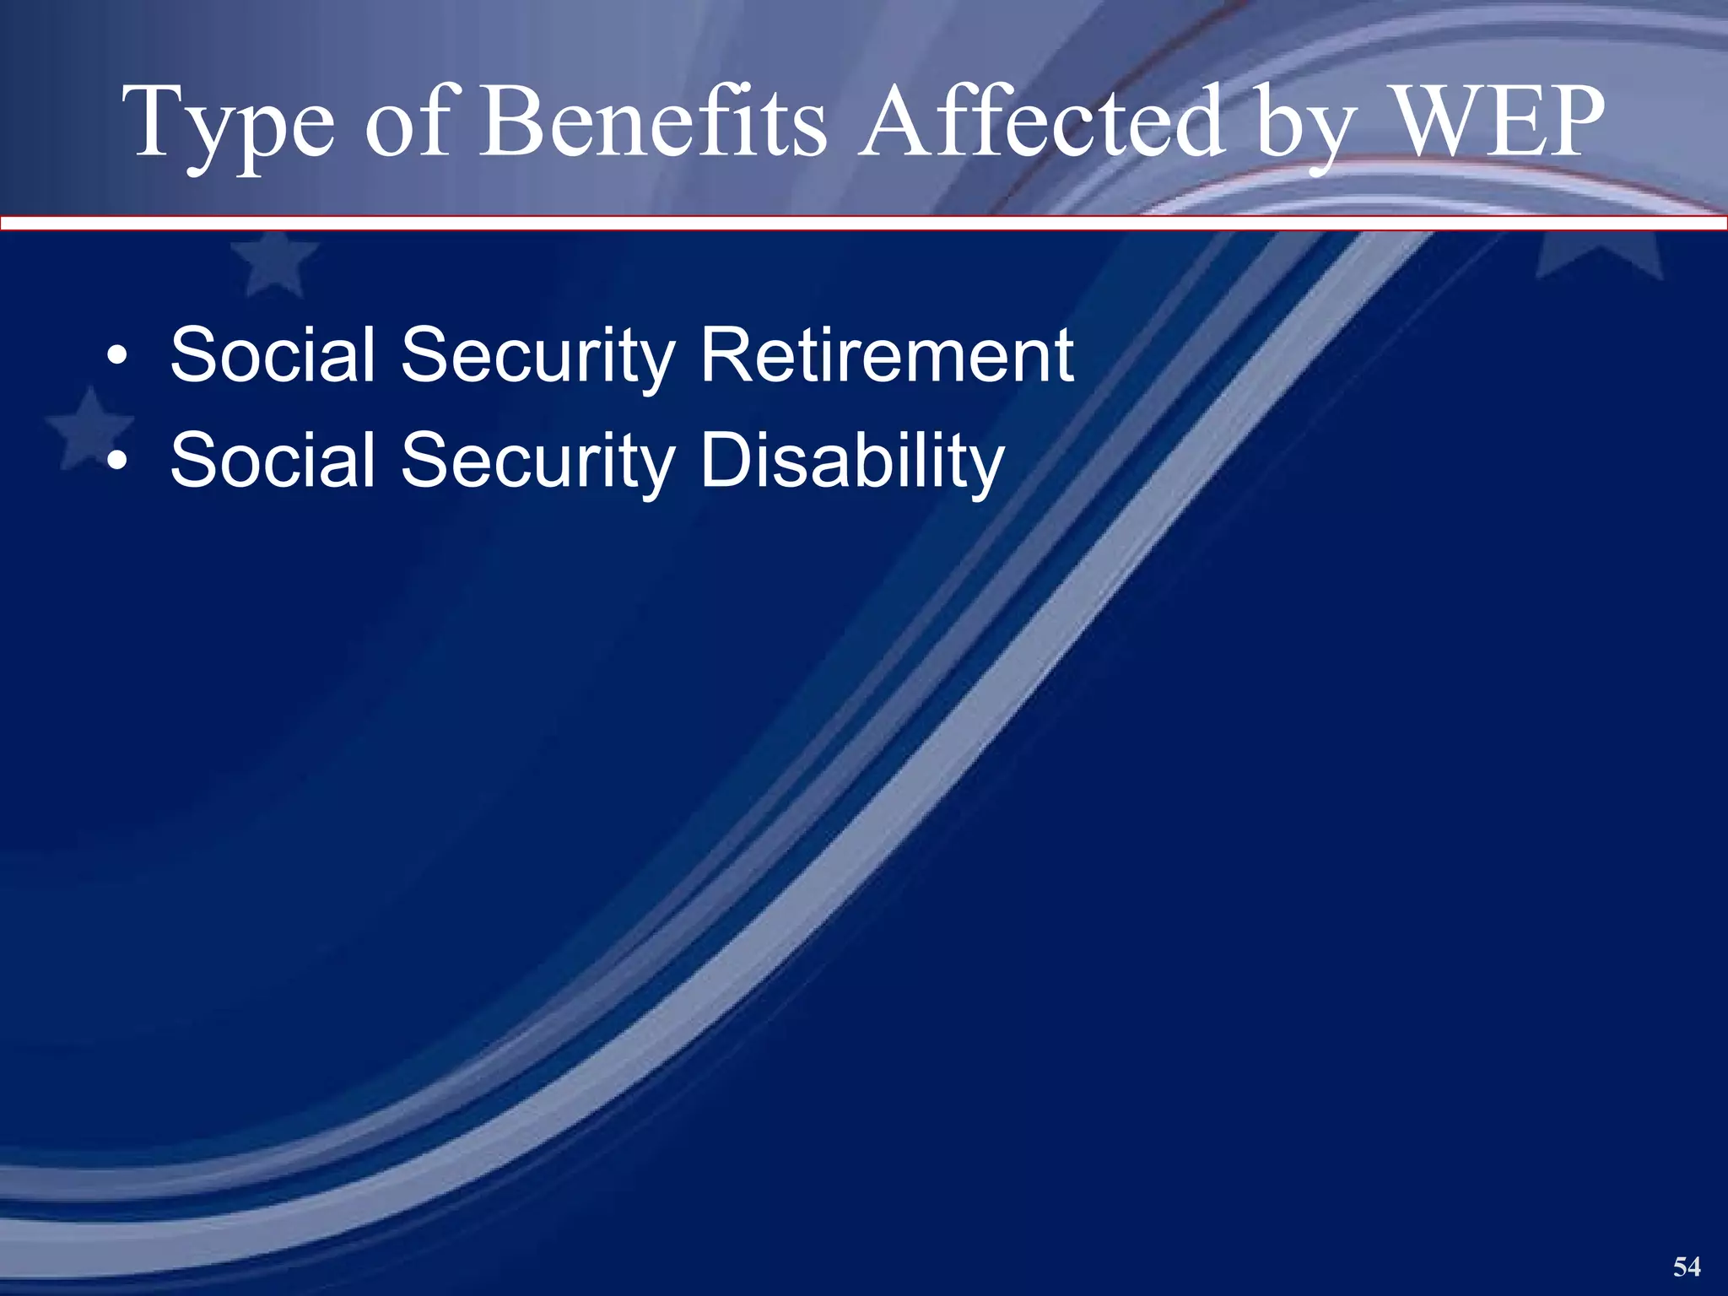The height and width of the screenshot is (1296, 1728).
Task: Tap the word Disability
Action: click(x=852, y=461)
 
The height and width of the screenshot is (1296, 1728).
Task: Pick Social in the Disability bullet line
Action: click(x=273, y=461)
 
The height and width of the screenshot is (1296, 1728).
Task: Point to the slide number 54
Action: click(x=1687, y=1266)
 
